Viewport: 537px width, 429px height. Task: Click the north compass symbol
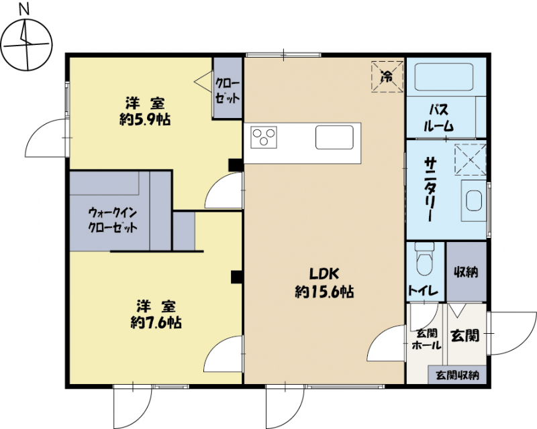click(27, 44)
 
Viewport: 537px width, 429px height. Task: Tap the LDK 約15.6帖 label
click(324, 283)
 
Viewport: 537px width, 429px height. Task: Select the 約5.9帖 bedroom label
click(145, 111)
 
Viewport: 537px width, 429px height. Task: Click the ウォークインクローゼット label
click(113, 220)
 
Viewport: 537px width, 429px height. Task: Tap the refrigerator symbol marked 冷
click(387, 76)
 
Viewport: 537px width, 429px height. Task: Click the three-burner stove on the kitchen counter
click(264, 137)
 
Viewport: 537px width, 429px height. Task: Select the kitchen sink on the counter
click(334, 137)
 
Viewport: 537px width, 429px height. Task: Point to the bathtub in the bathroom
click(444, 78)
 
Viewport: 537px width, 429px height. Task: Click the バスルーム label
click(439, 118)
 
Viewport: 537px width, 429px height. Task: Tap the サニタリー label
click(430, 189)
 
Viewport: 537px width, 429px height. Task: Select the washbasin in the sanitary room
click(474, 200)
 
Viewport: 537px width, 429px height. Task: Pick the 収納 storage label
click(466, 272)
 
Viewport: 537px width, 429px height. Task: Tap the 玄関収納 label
click(457, 375)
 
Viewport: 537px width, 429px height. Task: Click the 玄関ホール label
click(426, 339)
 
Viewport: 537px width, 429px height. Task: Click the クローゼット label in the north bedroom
click(228, 90)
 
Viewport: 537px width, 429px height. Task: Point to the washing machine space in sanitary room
click(471, 160)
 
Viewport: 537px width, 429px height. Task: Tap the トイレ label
click(423, 291)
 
